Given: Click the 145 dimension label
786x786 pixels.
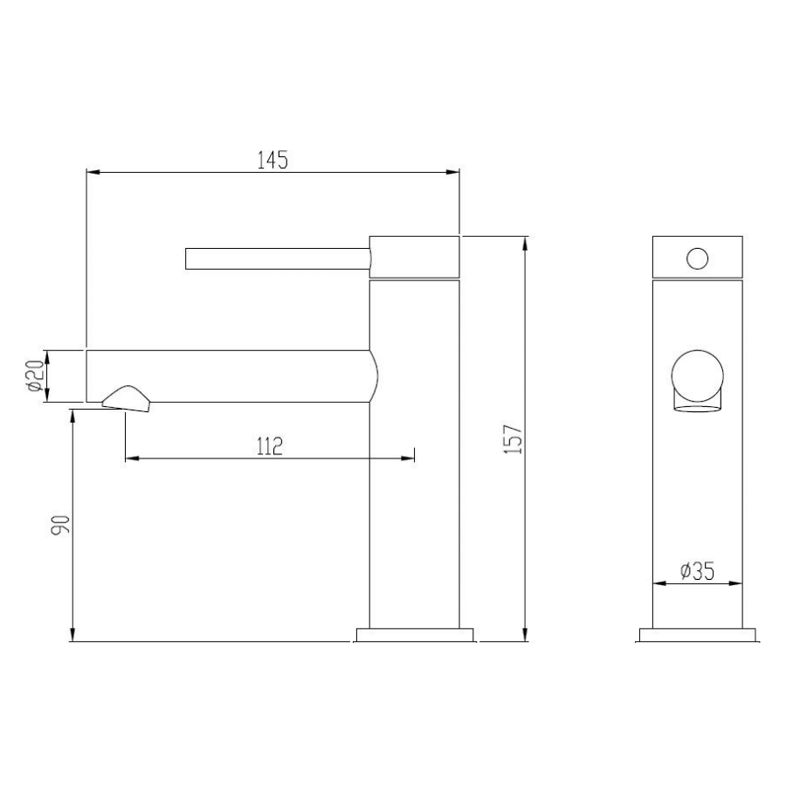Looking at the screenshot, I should [272, 160].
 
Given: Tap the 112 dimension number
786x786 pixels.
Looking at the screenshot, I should [269, 446].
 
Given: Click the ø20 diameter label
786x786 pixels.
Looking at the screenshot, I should [34, 376].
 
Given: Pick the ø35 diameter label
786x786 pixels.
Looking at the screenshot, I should [697, 571].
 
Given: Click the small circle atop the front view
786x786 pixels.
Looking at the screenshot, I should [698, 259].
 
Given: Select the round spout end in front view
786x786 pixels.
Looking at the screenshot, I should [697, 373].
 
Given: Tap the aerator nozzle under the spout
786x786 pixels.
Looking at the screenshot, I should [128, 398].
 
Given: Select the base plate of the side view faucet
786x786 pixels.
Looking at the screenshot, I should [415, 635].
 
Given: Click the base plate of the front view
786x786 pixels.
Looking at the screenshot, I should [698, 635].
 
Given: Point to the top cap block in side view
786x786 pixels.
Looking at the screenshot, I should [415, 257].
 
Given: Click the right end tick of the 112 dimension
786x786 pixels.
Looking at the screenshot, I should [414, 456].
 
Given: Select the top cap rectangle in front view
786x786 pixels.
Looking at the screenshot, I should [698, 257].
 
